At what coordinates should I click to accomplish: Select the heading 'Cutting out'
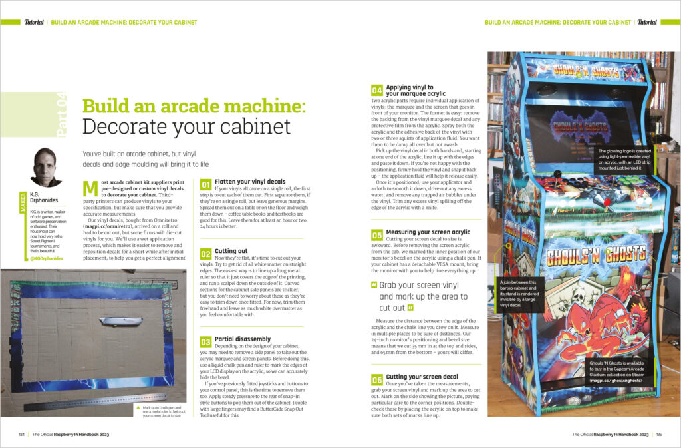231,252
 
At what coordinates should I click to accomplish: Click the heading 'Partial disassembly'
243,339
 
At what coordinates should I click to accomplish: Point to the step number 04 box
376,90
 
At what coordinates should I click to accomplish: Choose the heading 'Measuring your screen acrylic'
428,232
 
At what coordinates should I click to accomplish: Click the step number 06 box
376,379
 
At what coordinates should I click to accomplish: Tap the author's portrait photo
47,167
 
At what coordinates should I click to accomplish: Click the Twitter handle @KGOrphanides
46,258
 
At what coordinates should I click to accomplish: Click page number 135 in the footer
658,435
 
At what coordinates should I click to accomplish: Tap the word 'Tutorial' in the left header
33,22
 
